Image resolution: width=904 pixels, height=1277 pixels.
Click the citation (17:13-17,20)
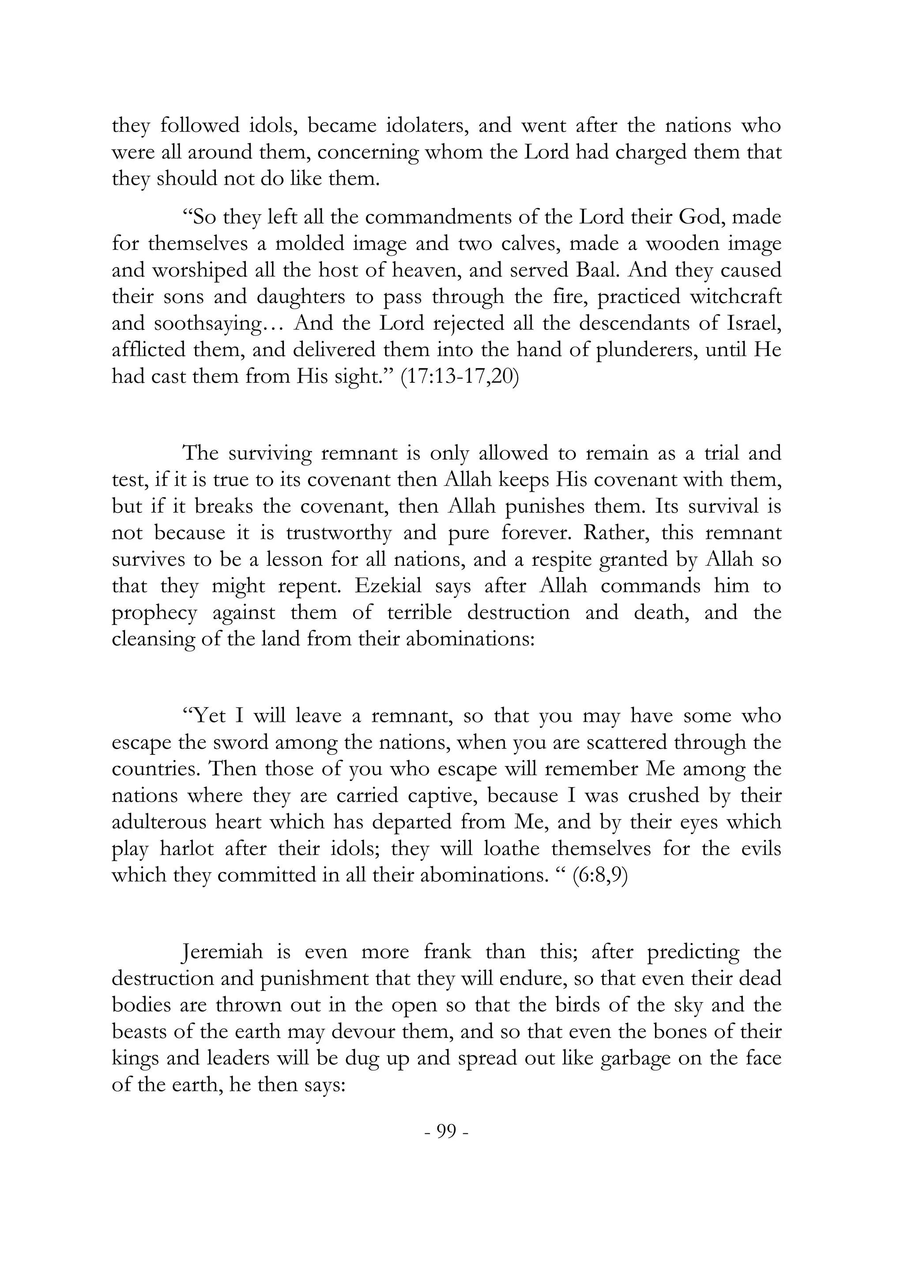[x=460, y=377]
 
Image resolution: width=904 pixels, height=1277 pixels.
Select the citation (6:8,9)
[x=599, y=875]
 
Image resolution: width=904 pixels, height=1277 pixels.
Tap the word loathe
[x=512, y=849]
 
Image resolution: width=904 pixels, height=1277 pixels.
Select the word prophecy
[x=154, y=613]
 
